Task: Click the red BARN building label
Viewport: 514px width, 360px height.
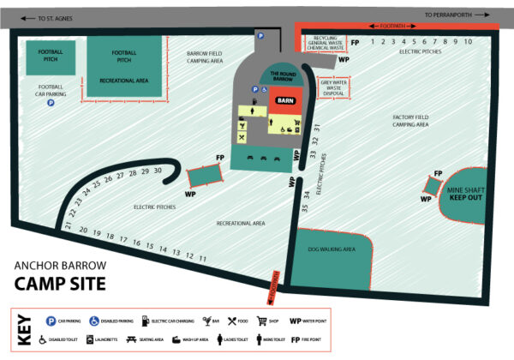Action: (284, 100)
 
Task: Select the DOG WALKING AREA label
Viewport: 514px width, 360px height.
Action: (331, 249)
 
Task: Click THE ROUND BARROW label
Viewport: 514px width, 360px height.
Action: (282, 75)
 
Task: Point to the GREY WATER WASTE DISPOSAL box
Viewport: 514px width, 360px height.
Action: (335, 87)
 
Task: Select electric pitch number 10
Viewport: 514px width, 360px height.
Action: (469, 41)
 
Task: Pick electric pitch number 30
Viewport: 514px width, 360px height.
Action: (158, 171)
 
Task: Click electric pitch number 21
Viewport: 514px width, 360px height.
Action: (67, 226)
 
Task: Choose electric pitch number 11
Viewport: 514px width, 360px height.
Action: (203, 257)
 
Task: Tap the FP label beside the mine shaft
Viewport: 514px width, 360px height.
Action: (438, 174)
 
